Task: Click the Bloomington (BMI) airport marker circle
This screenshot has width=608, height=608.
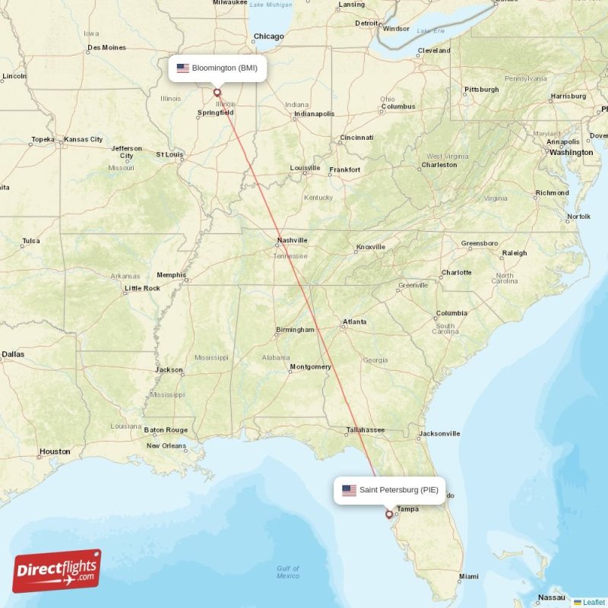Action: [217, 93]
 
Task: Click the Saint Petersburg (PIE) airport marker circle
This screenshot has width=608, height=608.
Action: [389, 515]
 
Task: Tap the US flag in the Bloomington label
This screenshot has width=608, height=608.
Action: [182, 68]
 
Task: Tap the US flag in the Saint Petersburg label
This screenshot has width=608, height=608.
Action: [349, 490]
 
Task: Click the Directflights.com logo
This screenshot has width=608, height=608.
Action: [56, 571]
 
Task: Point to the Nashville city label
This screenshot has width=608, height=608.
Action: [292, 240]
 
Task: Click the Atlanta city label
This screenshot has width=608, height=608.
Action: [354, 322]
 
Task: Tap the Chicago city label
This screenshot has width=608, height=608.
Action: [268, 36]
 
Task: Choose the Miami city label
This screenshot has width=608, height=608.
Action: [469, 576]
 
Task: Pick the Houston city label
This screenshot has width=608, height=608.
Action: [55, 451]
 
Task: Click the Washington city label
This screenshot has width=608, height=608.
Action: [571, 152]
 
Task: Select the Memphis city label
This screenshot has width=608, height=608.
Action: [171, 275]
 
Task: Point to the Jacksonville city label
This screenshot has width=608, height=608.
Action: [439, 434]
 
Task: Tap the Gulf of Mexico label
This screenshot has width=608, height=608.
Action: [288, 572]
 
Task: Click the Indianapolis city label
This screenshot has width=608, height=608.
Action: [314, 114]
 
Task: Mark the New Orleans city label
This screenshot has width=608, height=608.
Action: [166, 446]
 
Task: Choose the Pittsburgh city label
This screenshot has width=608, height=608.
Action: [482, 90]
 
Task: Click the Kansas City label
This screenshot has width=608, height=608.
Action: [84, 140]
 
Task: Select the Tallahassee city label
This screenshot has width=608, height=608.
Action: [366, 430]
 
